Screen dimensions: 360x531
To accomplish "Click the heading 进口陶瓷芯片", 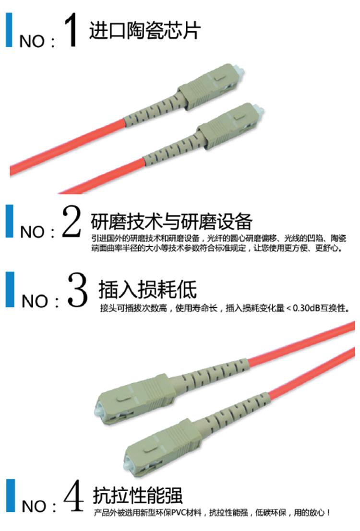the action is click(x=145, y=30).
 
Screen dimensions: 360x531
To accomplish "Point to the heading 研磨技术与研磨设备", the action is click(x=171, y=222).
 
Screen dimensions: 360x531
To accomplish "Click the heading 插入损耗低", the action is click(x=147, y=289).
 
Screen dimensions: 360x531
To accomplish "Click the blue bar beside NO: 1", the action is click(x=9, y=30).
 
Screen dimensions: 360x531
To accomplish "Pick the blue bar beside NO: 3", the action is click(x=10, y=290).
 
